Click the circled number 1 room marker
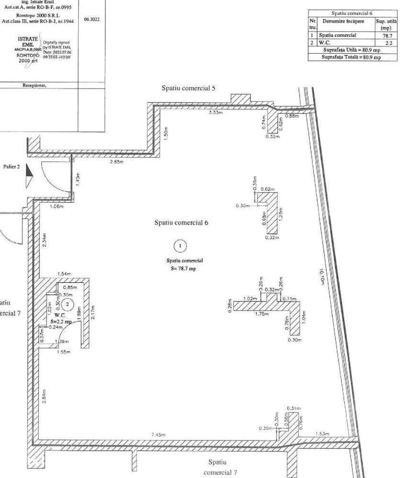180,246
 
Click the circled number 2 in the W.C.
68,304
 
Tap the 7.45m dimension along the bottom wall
158,435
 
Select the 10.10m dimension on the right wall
322,276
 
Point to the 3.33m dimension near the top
217,113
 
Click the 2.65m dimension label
116,162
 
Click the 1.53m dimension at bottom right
322,434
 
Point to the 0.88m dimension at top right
292,116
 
